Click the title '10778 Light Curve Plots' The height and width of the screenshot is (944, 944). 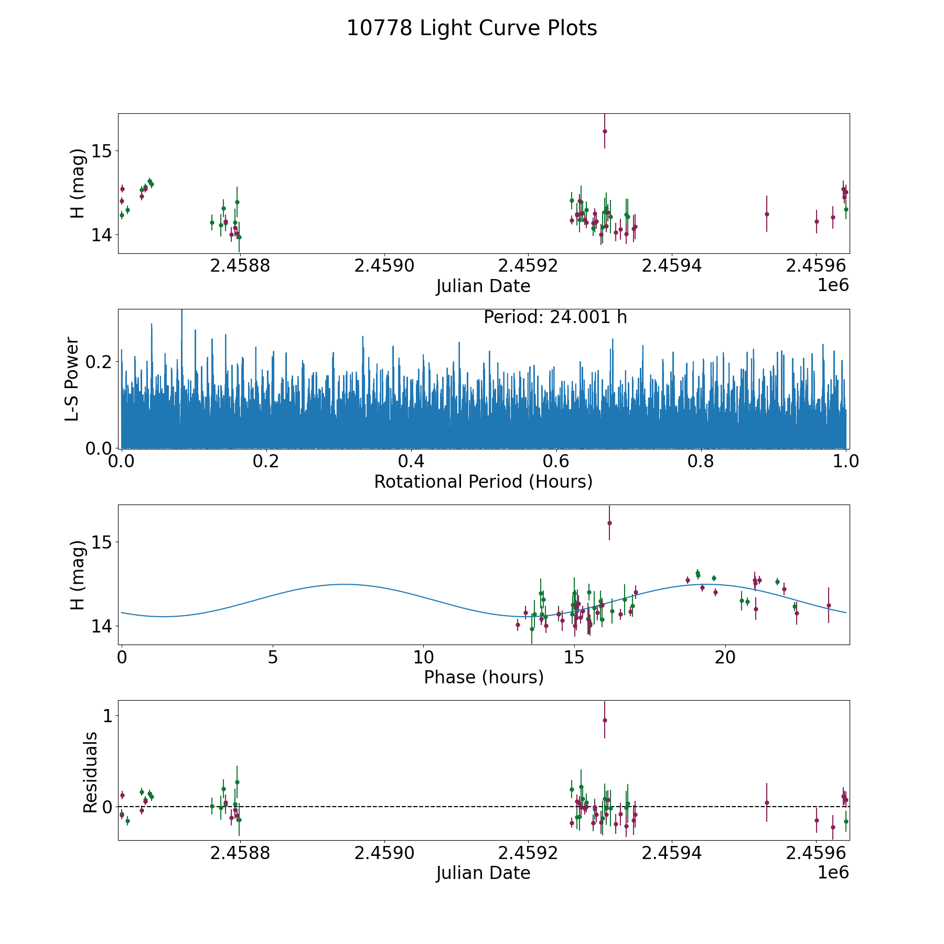[x=471, y=28]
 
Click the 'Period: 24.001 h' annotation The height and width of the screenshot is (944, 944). [x=555, y=317]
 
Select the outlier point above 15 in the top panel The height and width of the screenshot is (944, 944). [x=605, y=131]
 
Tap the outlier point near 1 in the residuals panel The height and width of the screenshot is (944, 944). [x=605, y=720]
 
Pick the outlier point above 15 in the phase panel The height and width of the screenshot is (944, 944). [x=609, y=523]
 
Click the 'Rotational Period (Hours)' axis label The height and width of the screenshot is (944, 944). [x=483, y=481]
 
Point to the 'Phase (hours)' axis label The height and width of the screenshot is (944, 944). [x=483, y=677]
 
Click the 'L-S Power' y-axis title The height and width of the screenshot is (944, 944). [x=72, y=379]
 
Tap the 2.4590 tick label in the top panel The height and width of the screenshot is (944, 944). [x=384, y=266]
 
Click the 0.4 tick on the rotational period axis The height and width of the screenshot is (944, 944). [x=411, y=462]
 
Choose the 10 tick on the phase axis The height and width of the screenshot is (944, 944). [x=423, y=657]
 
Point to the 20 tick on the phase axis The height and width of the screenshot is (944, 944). [x=725, y=657]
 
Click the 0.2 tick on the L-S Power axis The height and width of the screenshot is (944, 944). [x=102, y=362]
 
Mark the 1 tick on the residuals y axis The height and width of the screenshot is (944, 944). [x=108, y=716]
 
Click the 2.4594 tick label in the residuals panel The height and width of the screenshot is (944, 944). [x=672, y=853]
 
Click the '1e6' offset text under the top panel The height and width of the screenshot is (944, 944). [x=833, y=285]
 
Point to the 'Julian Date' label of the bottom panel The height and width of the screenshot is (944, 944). [x=483, y=873]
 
